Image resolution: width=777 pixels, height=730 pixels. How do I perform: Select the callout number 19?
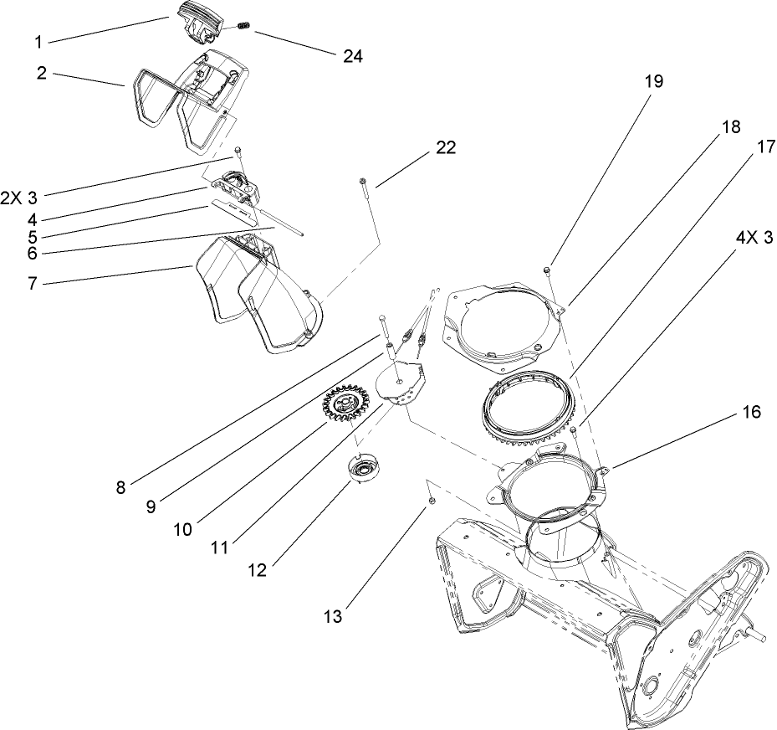coord(653,81)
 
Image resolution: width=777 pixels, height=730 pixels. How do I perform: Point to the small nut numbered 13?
coord(432,500)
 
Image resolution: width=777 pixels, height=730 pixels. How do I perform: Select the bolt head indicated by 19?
coord(545,270)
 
